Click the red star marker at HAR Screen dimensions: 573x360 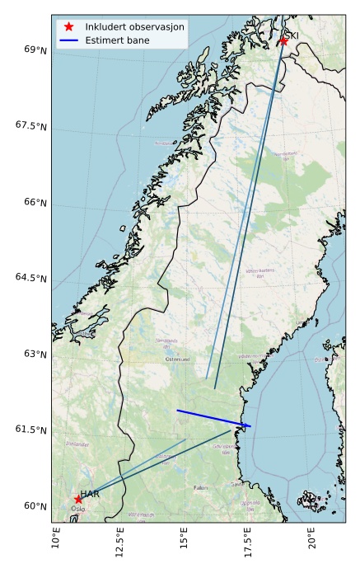point(78,499)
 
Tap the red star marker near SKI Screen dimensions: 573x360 point(283,40)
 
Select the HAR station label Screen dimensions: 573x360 point(90,494)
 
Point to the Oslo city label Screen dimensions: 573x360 point(77,509)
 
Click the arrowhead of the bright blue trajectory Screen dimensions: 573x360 point(250,425)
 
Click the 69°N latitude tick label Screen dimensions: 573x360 point(35,49)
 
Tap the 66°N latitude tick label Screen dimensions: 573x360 point(35,202)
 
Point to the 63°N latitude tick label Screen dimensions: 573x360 point(35,354)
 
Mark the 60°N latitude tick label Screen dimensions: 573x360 point(35,505)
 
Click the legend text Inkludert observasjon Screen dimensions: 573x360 point(134,26)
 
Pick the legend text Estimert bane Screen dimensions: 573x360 point(115,40)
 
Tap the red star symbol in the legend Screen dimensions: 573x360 point(69,26)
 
